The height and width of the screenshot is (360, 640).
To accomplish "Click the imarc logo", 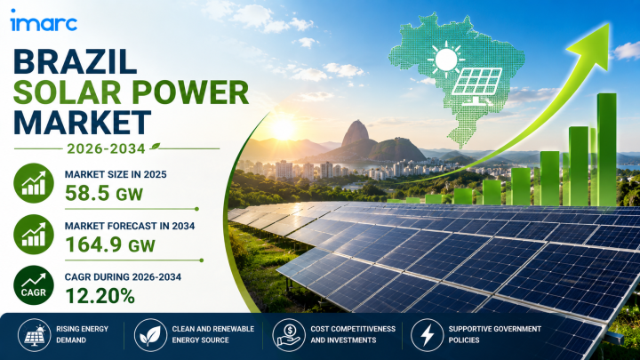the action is [44, 20].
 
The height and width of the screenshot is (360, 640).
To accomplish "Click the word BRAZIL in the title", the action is [75, 62].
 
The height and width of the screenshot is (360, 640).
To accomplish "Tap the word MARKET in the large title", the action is [82, 122].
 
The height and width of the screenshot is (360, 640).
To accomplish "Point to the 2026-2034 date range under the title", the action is [106, 148].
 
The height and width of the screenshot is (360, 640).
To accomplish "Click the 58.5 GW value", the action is [104, 194].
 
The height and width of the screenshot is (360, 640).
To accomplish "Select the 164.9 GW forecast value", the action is [110, 244].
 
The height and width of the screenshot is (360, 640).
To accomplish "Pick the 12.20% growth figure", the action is [100, 296].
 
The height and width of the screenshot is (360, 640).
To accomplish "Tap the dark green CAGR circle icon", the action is [34, 285].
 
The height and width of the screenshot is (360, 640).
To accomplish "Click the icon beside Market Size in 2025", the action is [34, 183].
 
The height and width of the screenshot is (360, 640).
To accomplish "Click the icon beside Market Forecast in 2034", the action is [34, 235].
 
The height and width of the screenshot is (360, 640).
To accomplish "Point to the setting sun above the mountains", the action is [283, 129].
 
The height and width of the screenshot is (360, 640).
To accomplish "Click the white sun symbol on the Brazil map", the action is [446, 60].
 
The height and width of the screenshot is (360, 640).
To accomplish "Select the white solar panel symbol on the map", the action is [476, 86].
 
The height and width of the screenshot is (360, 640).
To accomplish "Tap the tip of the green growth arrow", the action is [609, 24].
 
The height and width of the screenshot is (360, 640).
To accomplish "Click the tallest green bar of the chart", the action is [607, 149].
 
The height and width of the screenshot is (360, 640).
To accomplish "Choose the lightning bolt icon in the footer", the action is [428, 335].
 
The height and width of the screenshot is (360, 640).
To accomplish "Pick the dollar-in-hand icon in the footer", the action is [289, 335].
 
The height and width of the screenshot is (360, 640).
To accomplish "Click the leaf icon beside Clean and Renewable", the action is [150, 335].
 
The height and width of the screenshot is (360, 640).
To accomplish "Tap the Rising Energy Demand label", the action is [82, 334].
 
